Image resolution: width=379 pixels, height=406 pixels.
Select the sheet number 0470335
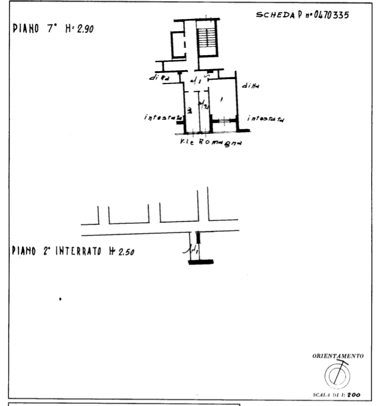click(x=332, y=16)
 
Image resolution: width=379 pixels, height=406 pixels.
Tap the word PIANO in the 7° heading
click(x=25, y=30)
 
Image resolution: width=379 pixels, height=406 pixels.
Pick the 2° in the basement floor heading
click(x=45, y=252)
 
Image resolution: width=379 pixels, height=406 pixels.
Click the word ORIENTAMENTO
click(x=338, y=355)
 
